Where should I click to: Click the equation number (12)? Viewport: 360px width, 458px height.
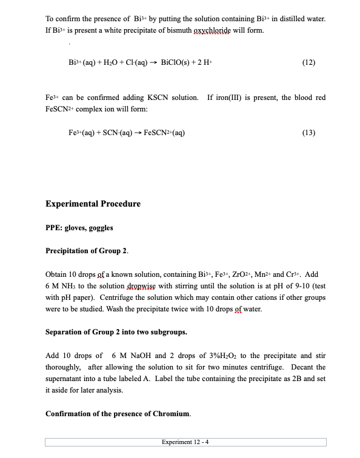pos(308,62)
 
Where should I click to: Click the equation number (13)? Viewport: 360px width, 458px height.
pos(308,133)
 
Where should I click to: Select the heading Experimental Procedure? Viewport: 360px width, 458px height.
pos(93,204)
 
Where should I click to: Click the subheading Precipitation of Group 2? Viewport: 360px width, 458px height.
pos(87,251)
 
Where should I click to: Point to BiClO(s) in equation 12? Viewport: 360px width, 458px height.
pos(178,62)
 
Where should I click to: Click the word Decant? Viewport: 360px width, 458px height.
pos(302,367)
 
